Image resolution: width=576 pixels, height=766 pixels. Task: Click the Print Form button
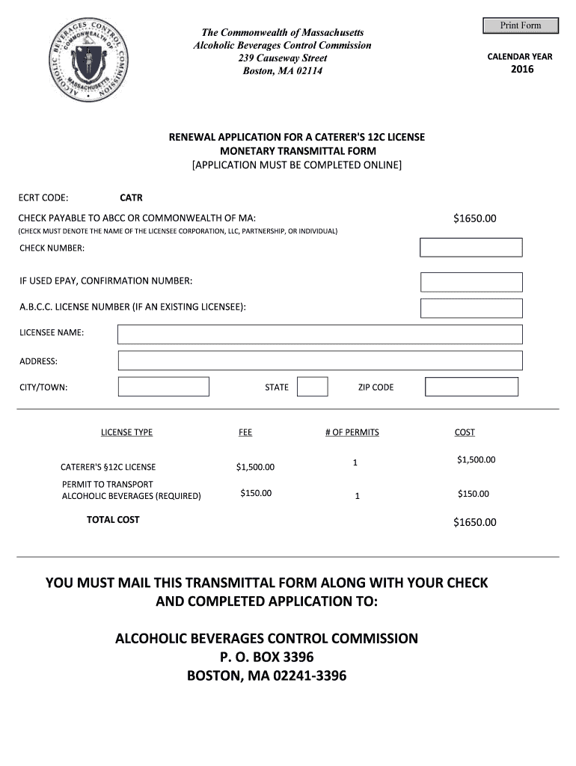tap(520, 25)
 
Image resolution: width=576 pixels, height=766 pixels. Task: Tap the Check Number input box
tap(471, 248)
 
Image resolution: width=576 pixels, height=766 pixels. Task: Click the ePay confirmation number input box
tap(471, 282)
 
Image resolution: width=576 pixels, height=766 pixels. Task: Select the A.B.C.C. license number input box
tap(471, 308)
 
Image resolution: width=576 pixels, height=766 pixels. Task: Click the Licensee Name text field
tap(320, 334)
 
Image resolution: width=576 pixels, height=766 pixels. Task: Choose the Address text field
tap(320, 361)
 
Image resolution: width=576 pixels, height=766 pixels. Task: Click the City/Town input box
tap(164, 387)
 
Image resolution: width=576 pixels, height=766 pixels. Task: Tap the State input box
tap(312, 387)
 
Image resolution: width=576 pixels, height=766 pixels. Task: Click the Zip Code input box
tap(471, 387)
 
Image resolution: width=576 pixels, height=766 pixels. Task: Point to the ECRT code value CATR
tap(131, 198)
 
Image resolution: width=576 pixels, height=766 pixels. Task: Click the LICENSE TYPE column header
tap(126, 432)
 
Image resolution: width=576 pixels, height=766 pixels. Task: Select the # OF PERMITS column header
tap(352, 432)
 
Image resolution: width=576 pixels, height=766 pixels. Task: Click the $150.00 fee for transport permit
tap(256, 493)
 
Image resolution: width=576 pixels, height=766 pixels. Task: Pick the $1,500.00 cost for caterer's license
tap(476, 460)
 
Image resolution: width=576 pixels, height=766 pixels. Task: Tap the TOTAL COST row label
tap(113, 520)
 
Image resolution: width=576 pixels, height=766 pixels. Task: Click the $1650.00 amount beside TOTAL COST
tap(474, 522)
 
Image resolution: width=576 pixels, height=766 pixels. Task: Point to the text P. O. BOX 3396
tap(266, 658)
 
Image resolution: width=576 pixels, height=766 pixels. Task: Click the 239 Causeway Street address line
tap(282, 58)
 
